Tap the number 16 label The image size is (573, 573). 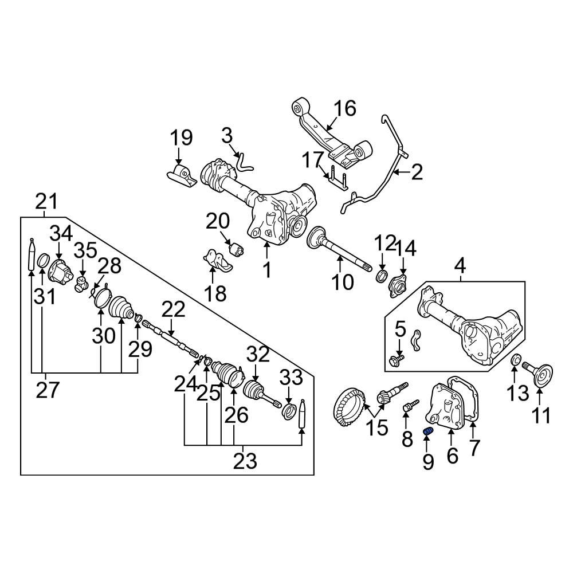click(x=345, y=108)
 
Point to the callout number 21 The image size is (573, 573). click(x=45, y=201)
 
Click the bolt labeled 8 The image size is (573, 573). click(x=408, y=406)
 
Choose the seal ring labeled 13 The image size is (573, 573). click(x=515, y=361)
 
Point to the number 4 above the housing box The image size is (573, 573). click(x=460, y=266)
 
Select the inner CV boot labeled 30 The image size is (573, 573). click(x=121, y=305)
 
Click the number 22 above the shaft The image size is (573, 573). click(x=173, y=309)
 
